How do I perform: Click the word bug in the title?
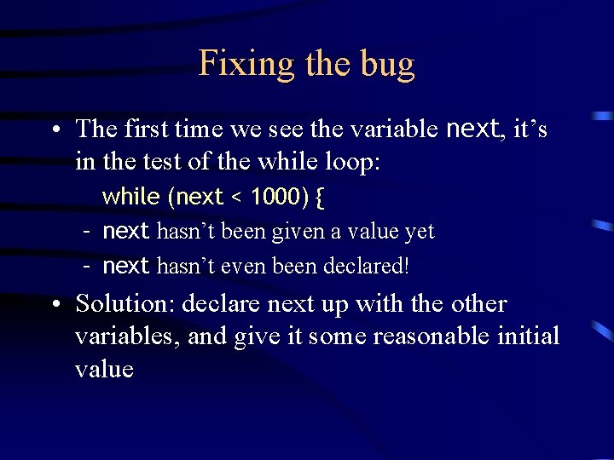click(x=387, y=64)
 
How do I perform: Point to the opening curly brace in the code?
click(x=319, y=198)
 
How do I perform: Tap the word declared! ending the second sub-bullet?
click(x=367, y=266)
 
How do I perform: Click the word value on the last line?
click(x=104, y=369)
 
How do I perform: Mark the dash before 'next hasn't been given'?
click(x=87, y=231)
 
